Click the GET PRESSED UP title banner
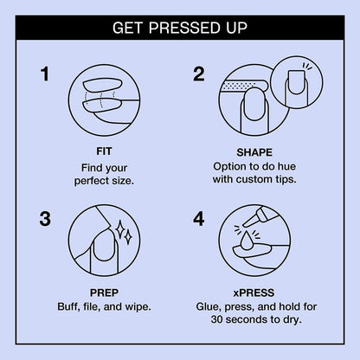click(x=180, y=29)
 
